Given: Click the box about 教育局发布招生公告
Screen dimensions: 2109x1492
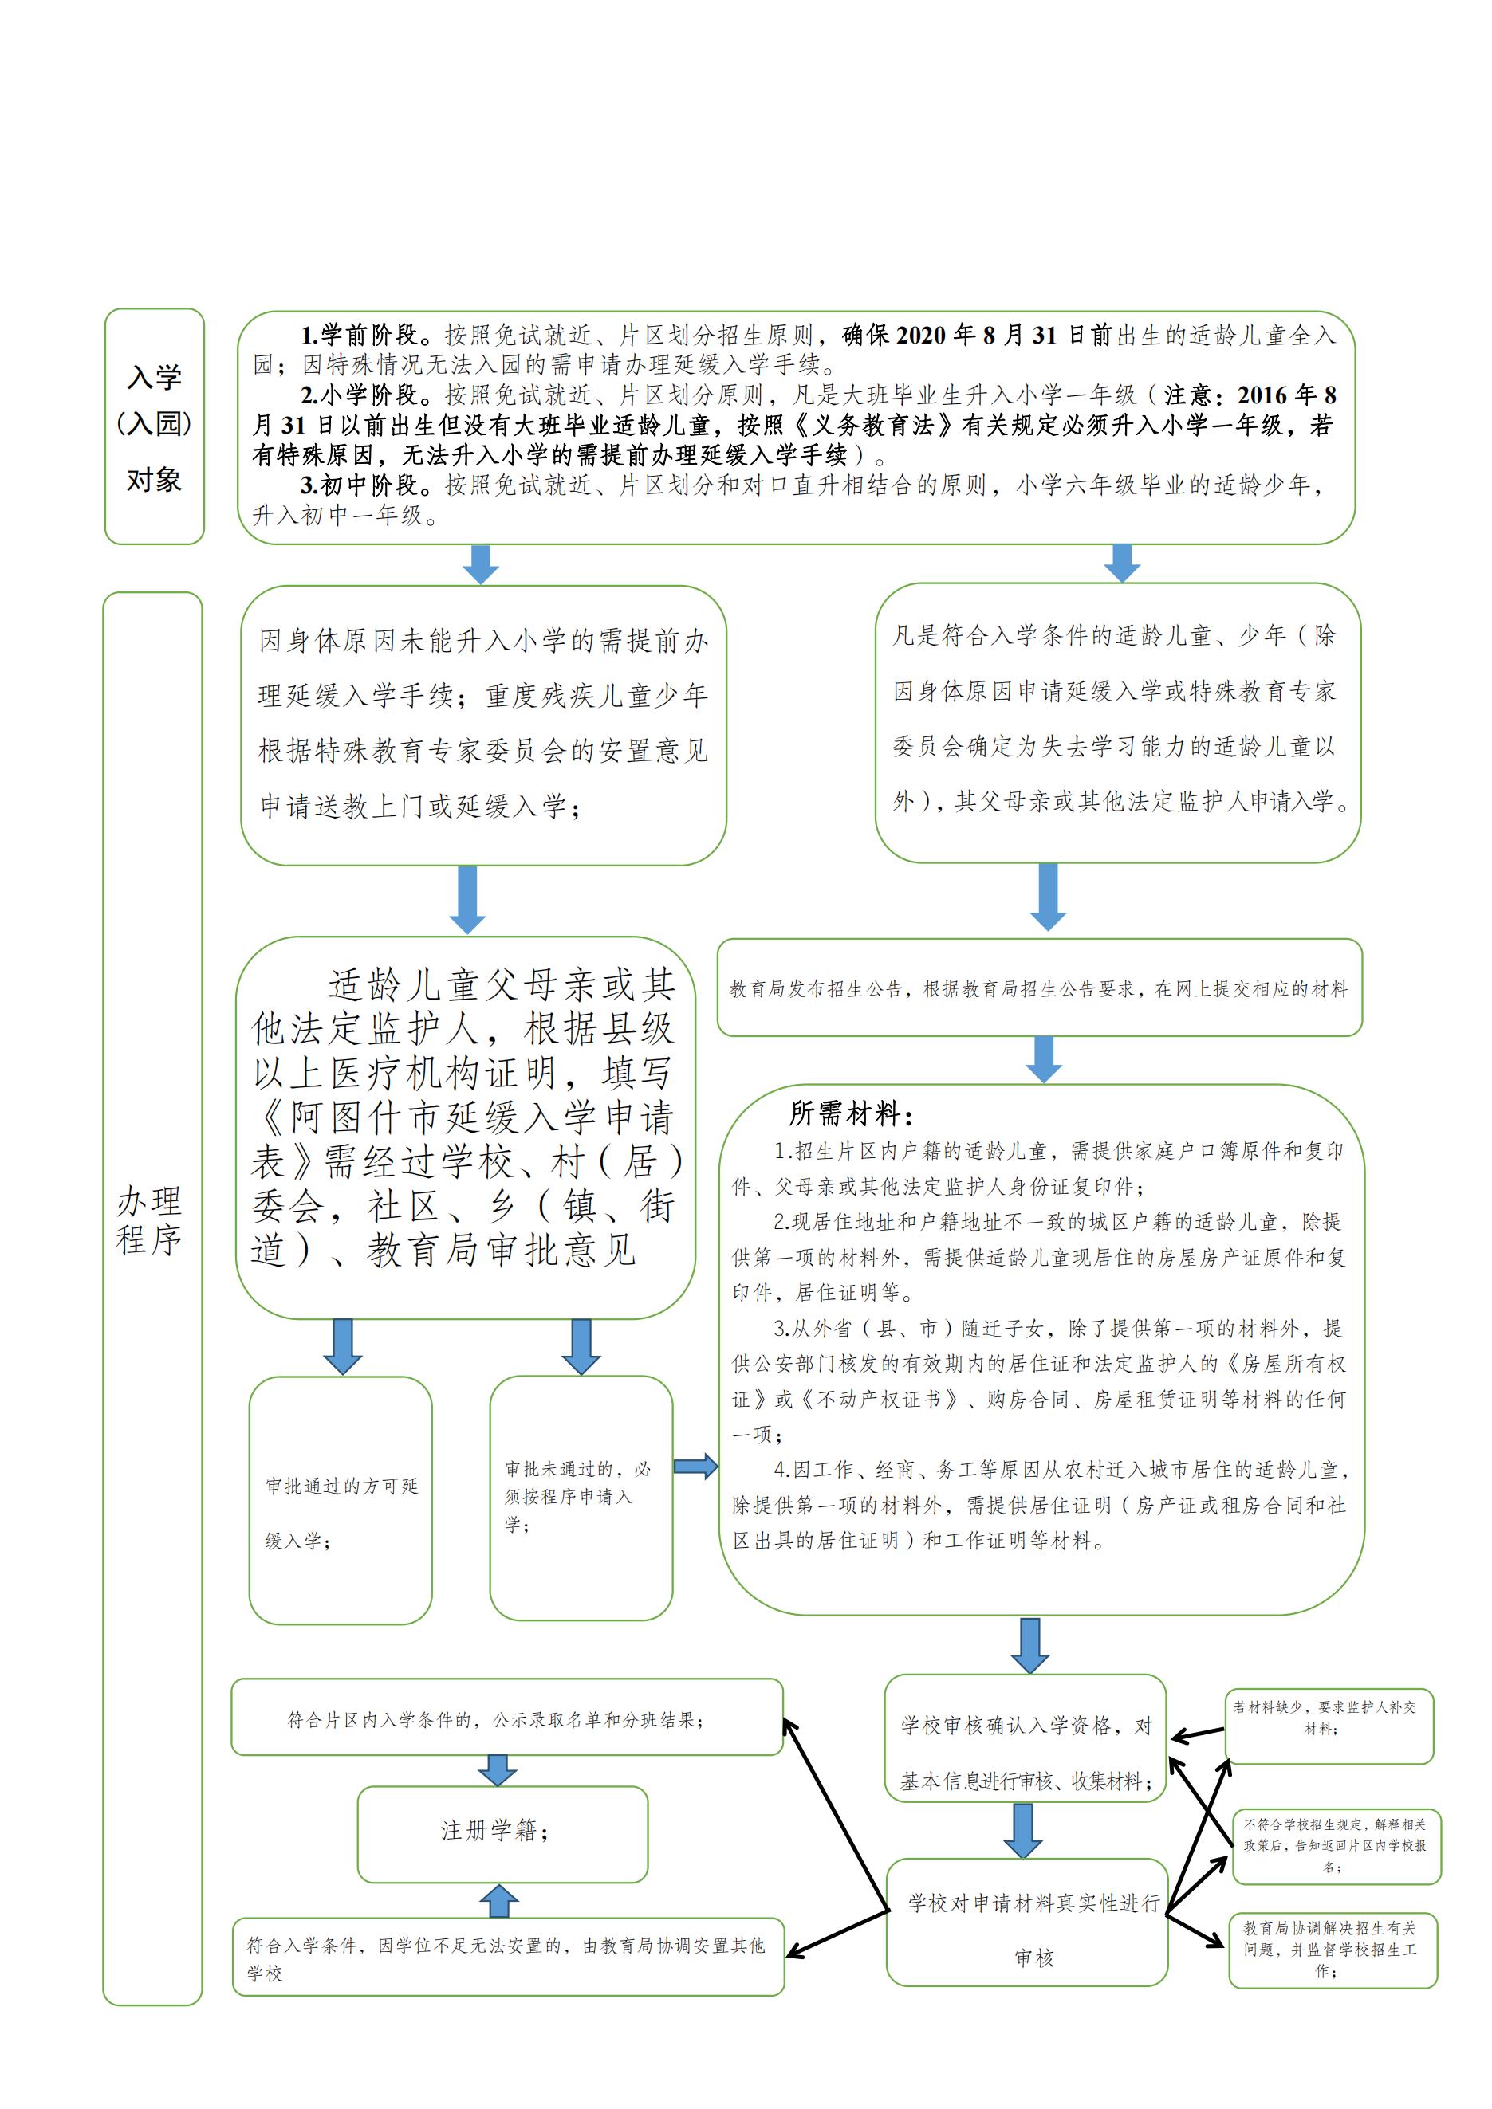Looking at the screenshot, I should click(x=1038, y=988).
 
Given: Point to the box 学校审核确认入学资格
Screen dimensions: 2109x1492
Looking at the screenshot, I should click(x=1025, y=1753).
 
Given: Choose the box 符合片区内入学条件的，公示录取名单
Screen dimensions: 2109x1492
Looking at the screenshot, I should click(x=506, y=1718).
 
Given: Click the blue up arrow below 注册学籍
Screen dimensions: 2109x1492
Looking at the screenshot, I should click(x=499, y=1902).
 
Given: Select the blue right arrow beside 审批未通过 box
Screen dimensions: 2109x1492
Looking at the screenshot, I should click(x=695, y=1466).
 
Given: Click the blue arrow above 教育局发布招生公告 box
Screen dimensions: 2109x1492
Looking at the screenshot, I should click(x=1047, y=897).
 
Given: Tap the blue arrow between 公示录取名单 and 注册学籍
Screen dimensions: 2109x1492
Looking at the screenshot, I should click(x=497, y=1770).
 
